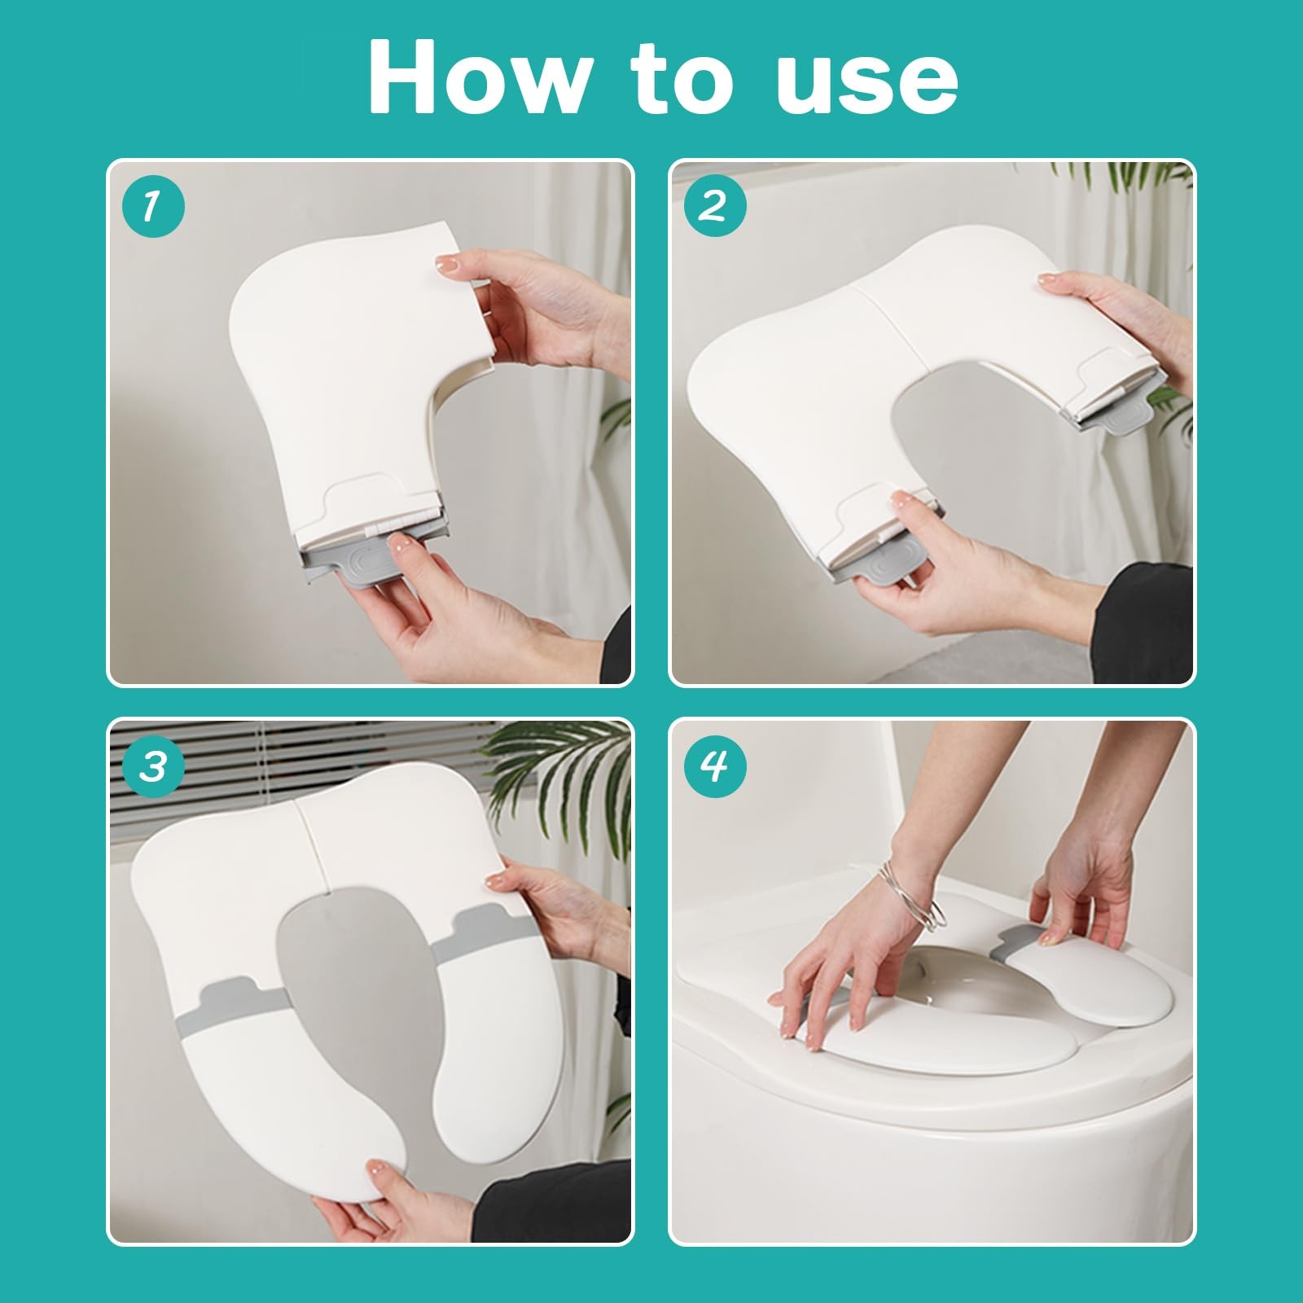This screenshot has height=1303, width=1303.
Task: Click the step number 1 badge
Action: (154, 208)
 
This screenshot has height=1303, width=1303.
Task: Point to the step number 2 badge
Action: (715, 208)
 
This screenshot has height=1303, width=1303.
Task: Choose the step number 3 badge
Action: (154, 768)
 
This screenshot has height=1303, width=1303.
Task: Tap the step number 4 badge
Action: (715, 768)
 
